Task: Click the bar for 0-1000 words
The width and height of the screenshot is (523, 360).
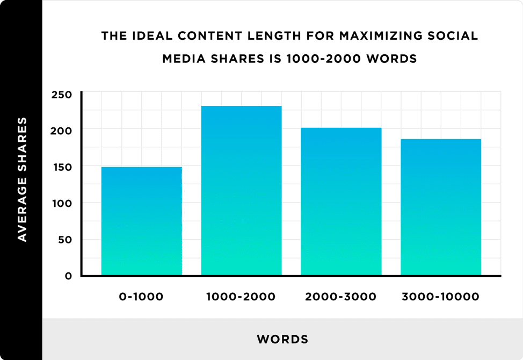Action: coord(142,221)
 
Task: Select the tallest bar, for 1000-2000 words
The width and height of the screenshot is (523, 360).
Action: coord(241,191)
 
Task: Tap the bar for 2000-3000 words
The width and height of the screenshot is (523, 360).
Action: coord(341,201)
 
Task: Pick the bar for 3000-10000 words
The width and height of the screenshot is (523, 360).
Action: coord(441,207)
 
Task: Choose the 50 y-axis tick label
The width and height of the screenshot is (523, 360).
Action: coord(64,240)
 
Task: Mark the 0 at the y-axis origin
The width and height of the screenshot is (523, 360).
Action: coord(68,276)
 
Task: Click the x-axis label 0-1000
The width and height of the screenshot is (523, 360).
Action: coord(142,297)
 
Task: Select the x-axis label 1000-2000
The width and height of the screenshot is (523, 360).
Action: coord(241,297)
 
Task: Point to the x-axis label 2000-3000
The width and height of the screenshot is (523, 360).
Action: coord(341,297)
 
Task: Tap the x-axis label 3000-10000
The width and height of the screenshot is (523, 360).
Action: coord(441,297)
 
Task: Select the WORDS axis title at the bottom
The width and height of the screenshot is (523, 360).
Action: coord(282,340)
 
